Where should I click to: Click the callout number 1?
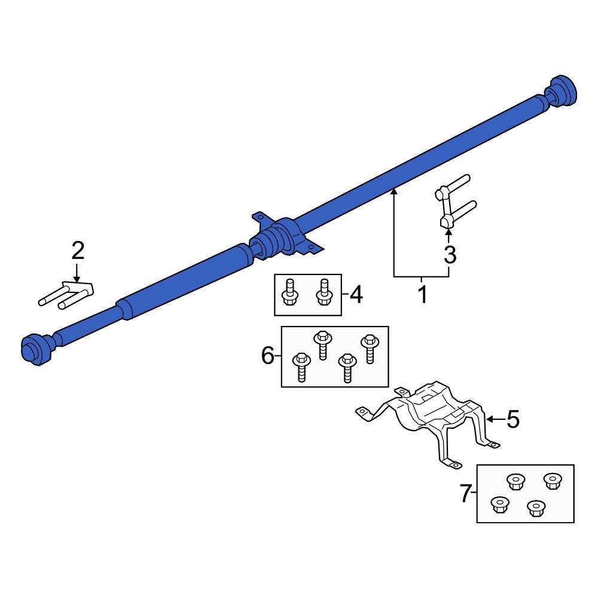422,295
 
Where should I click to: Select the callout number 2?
78,251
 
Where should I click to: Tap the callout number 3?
450,255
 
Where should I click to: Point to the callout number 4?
356,294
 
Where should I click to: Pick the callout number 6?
268,356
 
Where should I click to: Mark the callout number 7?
465,494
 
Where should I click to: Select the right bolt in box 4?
324,292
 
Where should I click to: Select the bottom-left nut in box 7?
499,505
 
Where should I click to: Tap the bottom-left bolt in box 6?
300,366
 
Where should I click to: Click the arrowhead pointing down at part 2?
77,278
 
